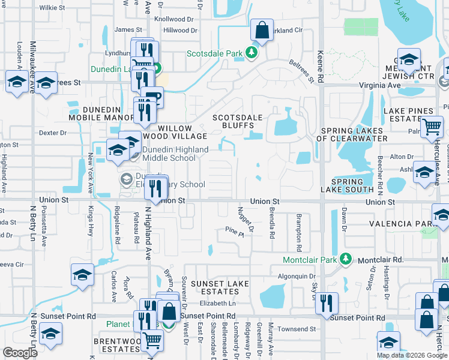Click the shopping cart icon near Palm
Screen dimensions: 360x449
[x=432, y=127]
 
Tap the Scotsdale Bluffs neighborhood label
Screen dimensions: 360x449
[x=235, y=122]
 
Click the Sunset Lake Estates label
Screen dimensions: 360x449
[x=216, y=287]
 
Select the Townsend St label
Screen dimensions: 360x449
[x=296, y=329]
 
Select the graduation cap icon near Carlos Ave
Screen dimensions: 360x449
[x=82, y=275]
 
